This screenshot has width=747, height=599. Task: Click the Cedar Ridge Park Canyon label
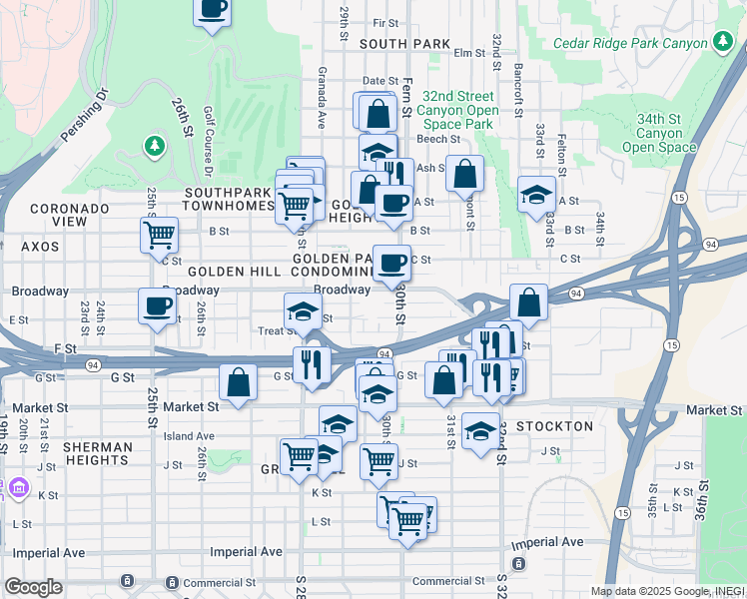coord(628,43)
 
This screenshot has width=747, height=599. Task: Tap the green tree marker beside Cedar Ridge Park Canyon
coord(722,42)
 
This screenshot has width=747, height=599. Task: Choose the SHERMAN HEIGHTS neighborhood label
coord(97,453)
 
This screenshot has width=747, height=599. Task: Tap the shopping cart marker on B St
coord(159,236)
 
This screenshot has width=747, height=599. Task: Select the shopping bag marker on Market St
coord(238,382)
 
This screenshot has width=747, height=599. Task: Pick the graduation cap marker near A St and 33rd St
coord(536,194)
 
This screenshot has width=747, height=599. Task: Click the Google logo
coord(33,587)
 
